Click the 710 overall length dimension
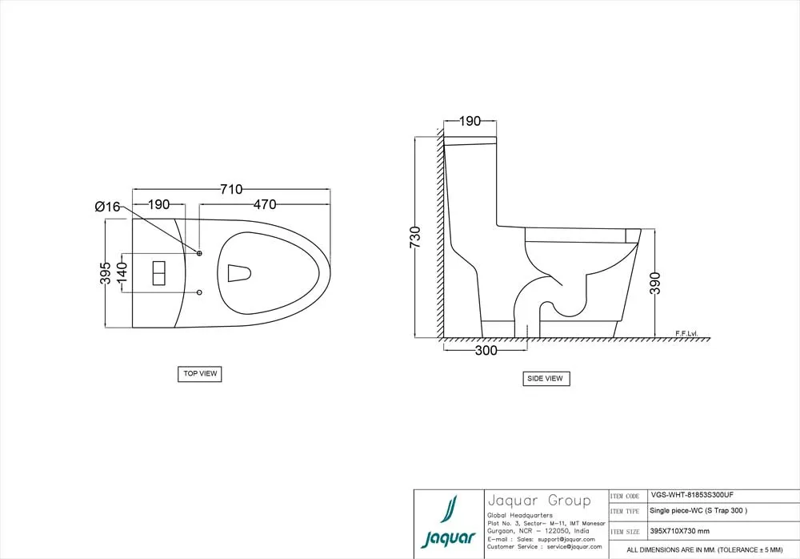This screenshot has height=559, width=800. [x=231, y=189]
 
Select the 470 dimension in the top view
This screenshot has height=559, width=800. [x=266, y=205]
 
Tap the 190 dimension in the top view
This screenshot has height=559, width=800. [x=158, y=205]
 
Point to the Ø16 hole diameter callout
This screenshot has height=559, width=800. [x=107, y=207]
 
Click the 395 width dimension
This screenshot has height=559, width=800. [x=105, y=273]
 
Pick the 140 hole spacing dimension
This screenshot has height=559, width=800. [x=122, y=273]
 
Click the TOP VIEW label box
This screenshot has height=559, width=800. [x=199, y=373]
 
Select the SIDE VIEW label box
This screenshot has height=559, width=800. [x=546, y=379]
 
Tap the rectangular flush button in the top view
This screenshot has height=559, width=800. [x=158, y=273]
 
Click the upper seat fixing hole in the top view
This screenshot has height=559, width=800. [x=199, y=254]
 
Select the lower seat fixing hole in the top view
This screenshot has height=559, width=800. [x=199, y=292]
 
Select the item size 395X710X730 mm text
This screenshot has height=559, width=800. [x=679, y=531]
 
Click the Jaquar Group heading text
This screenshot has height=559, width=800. [x=538, y=501]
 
